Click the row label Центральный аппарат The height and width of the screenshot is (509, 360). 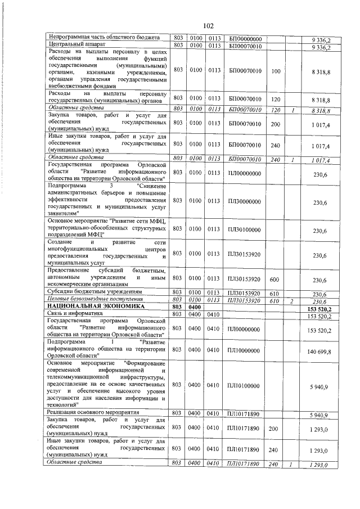pos(75,45)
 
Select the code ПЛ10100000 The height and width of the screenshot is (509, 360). pos(245,385)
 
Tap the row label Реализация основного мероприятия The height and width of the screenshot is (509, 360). pos(93,413)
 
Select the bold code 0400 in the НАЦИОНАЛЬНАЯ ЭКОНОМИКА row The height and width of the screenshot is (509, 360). pos(196,307)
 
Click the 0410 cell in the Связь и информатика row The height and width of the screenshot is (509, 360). pos(213,314)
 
